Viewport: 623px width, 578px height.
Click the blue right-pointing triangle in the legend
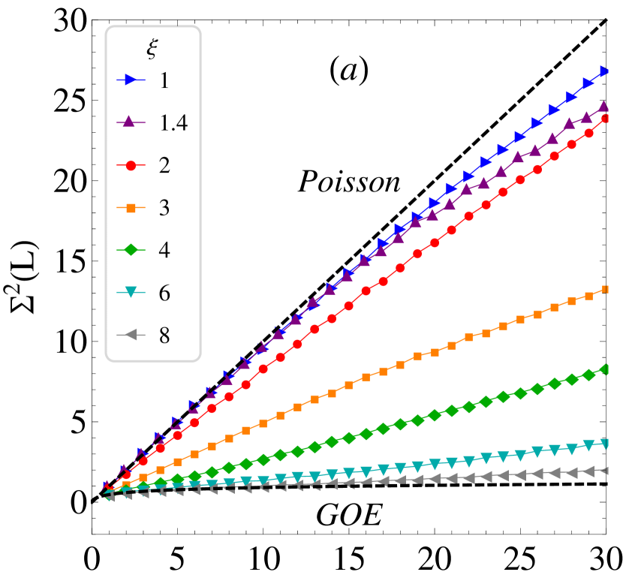[x=131, y=80]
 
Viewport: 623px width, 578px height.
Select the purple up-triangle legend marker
[x=129, y=122]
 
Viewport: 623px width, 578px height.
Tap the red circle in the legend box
[x=131, y=165]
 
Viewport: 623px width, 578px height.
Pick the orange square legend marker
[x=131, y=208]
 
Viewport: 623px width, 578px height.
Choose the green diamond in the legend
[x=131, y=249]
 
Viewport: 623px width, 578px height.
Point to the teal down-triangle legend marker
[x=131, y=292]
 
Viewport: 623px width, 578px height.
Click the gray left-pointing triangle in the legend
[x=130, y=335]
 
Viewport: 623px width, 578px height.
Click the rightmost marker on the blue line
[x=606, y=72]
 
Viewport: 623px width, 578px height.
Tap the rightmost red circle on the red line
[x=606, y=119]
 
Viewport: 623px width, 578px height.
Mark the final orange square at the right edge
[x=606, y=289]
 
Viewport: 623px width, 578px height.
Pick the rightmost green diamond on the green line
[x=606, y=369]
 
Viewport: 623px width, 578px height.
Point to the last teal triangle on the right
[x=606, y=444]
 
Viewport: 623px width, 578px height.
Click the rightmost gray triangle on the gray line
[x=605, y=471]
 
